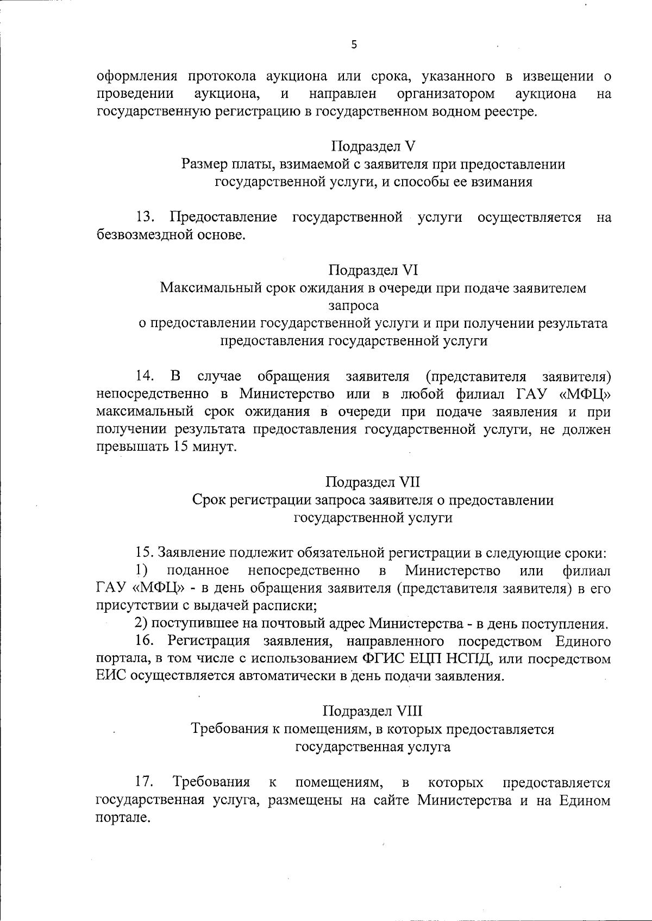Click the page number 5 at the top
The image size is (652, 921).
pyautogui.click(x=354, y=45)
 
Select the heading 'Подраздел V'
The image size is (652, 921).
pyautogui.click(x=373, y=146)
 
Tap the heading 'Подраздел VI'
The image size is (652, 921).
pyautogui.click(x=373, y=270)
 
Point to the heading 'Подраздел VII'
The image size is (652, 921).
pyautogui.click(x=373, y=482)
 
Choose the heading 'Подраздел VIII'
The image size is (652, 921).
pyautogui.click(x=373, y=711)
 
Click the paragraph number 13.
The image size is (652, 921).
pyautogui.click(x=145, y=217)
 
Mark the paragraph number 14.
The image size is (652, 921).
pyautogui.click(x=145, y=376)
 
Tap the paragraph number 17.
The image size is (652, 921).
pyautogui.click(x=145, y=782)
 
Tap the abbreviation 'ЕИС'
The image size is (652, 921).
pyautogui.click(x=111, y=677)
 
